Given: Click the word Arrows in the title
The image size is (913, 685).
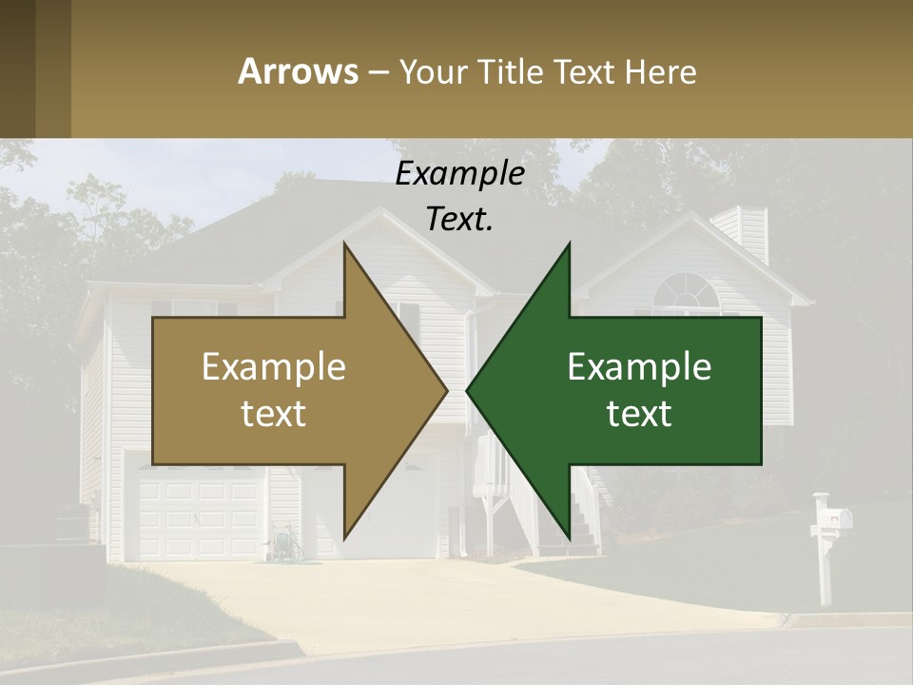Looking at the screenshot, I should [x=298, y=71].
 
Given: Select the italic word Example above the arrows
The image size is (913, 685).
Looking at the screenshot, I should [x=459, y=173].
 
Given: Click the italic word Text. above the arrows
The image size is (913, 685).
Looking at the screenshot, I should [x=459, y=219].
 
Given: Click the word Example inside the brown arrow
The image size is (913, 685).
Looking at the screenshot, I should [x=274, y=367].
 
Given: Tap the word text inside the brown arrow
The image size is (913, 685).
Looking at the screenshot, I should [x=274, y=414].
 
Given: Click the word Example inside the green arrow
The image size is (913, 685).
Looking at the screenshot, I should [x=639, y=367].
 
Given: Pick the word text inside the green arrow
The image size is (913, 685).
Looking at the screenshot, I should [x=639, y=414].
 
